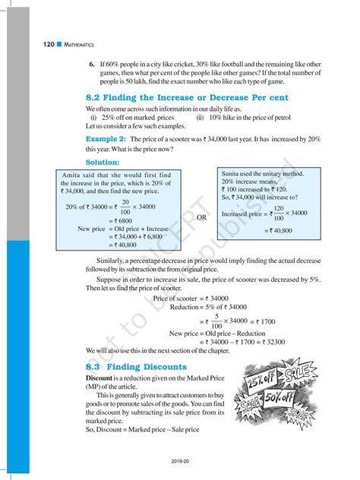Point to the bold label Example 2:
[106, 141]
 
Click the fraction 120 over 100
[279, 213]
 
